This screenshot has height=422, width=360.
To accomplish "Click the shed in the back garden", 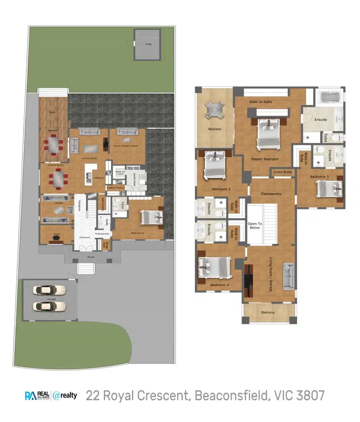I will tap(147, 44).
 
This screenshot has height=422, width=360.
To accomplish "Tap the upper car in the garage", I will tap(50, 290).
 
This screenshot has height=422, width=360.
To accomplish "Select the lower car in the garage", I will tap(50, 306).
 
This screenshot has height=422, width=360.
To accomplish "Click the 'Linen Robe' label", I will tap(283, 172).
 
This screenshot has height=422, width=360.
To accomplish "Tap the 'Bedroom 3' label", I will tap(319, 177).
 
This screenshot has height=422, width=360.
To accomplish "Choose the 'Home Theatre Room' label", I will tap(126, 146).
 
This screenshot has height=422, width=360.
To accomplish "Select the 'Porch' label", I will tap(90, 257).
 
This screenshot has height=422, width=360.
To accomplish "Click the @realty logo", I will tap(65, 396).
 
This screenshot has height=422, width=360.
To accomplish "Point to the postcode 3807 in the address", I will tap(310, 396).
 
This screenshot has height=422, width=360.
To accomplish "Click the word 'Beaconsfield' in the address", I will tap(229, 396).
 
